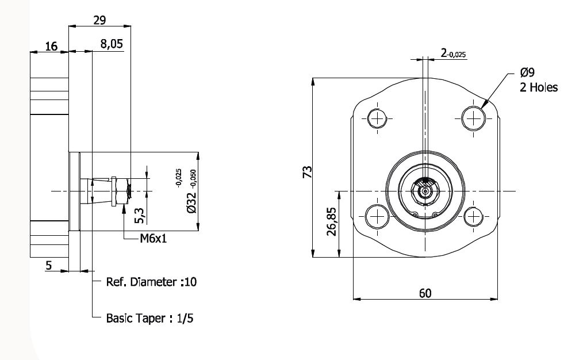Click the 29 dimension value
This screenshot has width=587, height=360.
[x=99, y=20]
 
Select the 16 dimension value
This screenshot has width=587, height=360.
[x=51, y=46]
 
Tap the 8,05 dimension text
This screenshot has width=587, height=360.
[x=112, y=44]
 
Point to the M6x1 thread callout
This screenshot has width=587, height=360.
[x=153, y=238]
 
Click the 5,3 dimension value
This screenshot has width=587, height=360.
[x=139, y=216]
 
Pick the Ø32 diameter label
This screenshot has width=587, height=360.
[x=191, y=202]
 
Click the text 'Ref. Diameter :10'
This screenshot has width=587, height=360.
[x=151, y=282]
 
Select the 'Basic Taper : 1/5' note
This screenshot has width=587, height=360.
[x=149, y=318]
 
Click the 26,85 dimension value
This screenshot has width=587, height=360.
[x=332, y=221]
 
